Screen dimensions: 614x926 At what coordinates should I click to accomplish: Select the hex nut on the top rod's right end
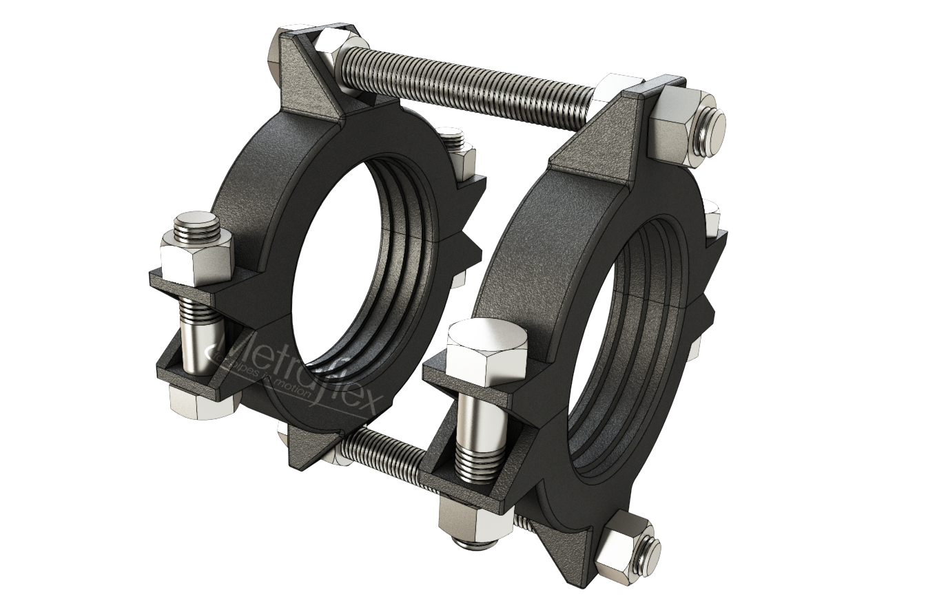pyautogui.click(x=679, y=127)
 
